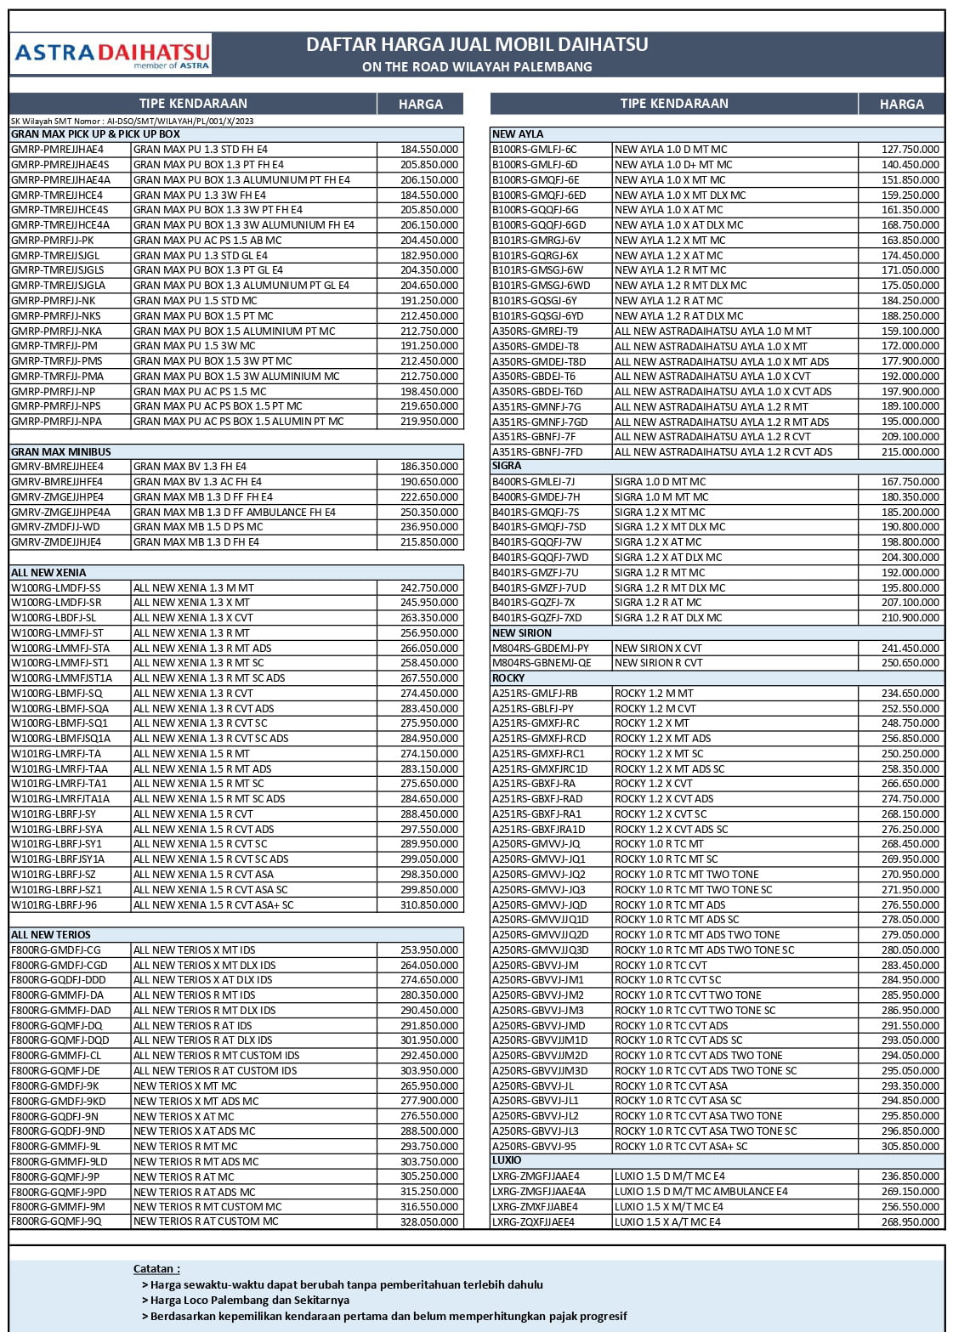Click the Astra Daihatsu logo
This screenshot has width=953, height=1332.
[111, 55]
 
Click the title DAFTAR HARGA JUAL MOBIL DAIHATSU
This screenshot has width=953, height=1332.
[477, 44]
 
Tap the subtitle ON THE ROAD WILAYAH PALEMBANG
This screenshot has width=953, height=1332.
[477, 66]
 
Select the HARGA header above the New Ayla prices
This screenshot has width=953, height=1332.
[901, 104]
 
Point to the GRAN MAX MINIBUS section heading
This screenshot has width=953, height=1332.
[61, 451]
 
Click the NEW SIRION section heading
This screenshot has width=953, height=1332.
[522, 632]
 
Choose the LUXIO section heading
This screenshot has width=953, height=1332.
[507, 1160]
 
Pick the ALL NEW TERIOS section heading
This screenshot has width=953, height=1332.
[51, 934]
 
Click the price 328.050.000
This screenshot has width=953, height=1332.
[429, 1221]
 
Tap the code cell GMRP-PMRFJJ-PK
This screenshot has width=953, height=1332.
[53, 241]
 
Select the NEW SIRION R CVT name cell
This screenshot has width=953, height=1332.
[659, 663]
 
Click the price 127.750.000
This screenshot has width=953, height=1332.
[910, 150]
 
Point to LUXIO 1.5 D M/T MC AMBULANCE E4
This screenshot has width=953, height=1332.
[701, 1192]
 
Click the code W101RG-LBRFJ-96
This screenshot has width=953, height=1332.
[54, 905]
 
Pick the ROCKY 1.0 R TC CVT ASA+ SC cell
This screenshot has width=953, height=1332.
[681, 1146]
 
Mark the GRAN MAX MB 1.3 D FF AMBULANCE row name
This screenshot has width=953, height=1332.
[235, 513]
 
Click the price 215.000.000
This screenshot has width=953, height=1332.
[910, 452]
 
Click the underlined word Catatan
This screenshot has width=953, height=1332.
[156, 1268]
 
